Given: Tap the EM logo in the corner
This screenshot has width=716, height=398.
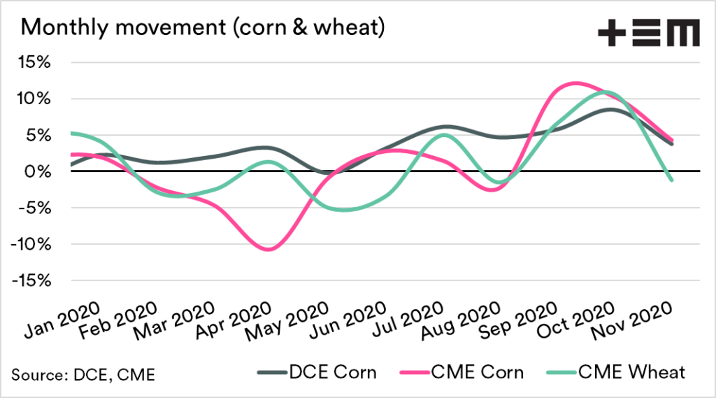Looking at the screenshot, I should (x=648, y=33).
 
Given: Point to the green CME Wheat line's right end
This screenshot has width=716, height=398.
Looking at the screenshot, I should (x=673, y=180).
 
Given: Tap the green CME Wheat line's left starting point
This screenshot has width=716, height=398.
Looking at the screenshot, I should (x=71, y=133).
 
